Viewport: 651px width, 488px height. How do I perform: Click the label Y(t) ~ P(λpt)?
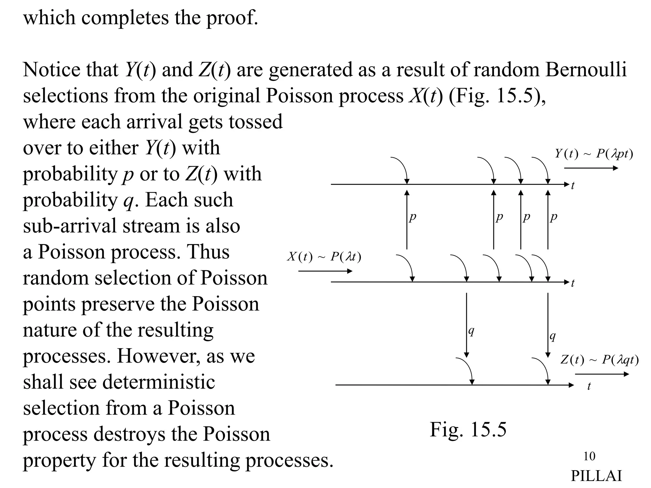point(594,154)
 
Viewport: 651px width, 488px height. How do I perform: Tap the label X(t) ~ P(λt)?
point(324,256)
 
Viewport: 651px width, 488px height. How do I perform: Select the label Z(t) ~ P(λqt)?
point(599,360)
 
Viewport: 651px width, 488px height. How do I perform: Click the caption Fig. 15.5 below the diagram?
point(468,430)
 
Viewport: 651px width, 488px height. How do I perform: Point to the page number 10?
point(589,456)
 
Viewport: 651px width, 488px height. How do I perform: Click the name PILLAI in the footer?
point(596,476)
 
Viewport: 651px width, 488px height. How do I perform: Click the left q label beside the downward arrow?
point(471,331)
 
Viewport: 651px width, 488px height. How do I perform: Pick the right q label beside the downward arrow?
point(553,336)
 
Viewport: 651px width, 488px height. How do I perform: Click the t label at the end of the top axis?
point(572,186)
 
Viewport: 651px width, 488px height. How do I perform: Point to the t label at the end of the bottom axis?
point(589,386)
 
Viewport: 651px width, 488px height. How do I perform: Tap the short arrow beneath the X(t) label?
point(325,271)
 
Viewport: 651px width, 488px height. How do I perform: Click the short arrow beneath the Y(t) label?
point(591,168)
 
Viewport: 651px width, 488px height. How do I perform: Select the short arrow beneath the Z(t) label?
point(602,374)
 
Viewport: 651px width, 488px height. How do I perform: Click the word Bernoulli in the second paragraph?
point(586,70)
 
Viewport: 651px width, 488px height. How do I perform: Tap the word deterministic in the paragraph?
point(158,382)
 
